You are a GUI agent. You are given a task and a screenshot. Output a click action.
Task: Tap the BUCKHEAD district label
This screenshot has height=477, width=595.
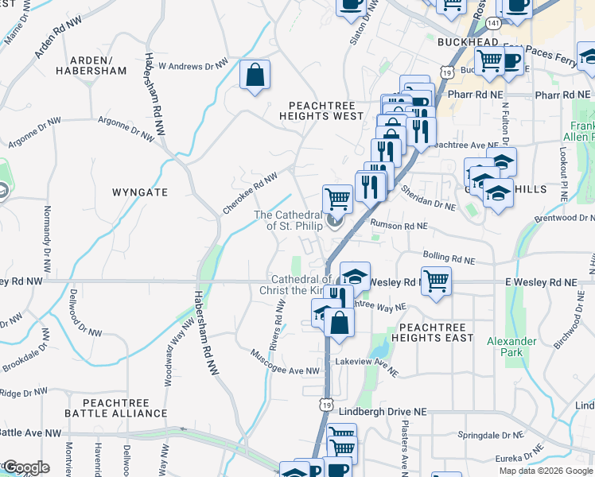pos(467,41)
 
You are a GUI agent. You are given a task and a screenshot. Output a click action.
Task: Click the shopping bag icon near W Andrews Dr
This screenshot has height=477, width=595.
pos(255,76)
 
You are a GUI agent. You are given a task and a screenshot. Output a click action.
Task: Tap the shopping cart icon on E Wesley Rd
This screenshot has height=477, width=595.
pos(436,281)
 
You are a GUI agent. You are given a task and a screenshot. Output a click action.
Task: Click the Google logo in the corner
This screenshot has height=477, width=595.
pos(25,467)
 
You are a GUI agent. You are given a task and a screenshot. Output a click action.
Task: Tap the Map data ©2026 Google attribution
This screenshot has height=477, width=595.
pos(546,471)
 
